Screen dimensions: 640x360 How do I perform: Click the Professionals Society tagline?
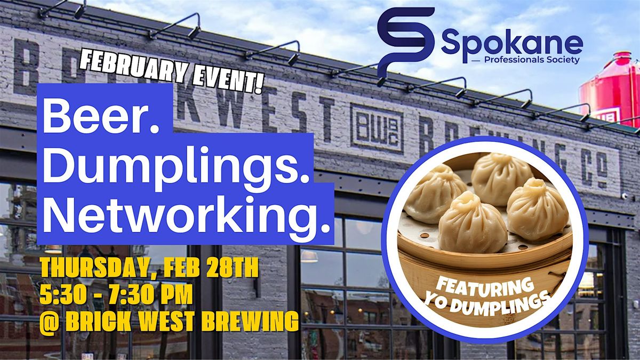pos(532,60)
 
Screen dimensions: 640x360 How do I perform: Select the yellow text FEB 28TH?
pos(211,268)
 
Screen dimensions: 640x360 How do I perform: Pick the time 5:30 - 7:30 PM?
pos(116,295)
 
